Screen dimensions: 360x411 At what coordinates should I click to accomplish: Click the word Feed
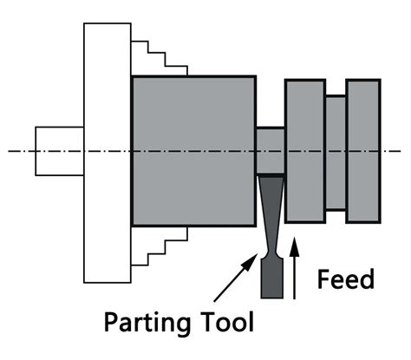coord(345,279)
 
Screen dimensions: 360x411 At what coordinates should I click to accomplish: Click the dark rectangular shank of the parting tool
coord(271,277)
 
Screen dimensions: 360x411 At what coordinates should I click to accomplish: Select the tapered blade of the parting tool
coord(271,217)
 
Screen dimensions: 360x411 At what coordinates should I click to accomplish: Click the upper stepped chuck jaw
coord(160,59)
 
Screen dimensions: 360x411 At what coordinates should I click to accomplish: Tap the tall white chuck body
coord(107,152)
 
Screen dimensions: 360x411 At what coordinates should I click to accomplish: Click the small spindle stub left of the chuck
coord(59,151)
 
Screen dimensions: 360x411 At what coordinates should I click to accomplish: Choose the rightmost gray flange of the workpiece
coord(362,150)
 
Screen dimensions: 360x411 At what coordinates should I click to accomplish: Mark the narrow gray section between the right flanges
coord(335,152)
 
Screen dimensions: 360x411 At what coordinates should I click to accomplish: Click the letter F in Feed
coord(324,279)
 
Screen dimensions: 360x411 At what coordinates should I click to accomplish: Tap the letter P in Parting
coord(113,323)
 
